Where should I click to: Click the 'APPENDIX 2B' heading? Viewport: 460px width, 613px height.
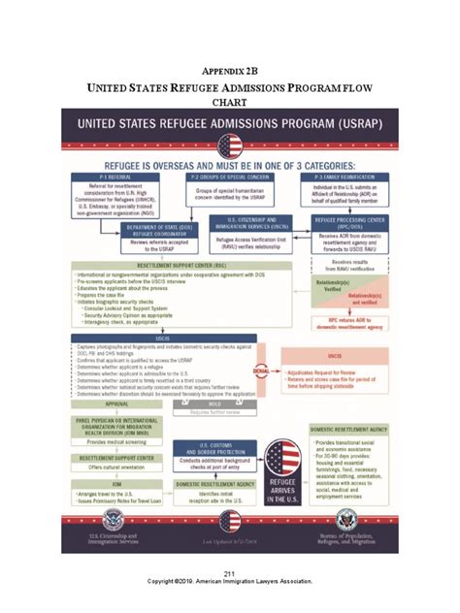(229, 70)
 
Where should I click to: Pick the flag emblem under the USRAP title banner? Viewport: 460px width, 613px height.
(230, 146)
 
